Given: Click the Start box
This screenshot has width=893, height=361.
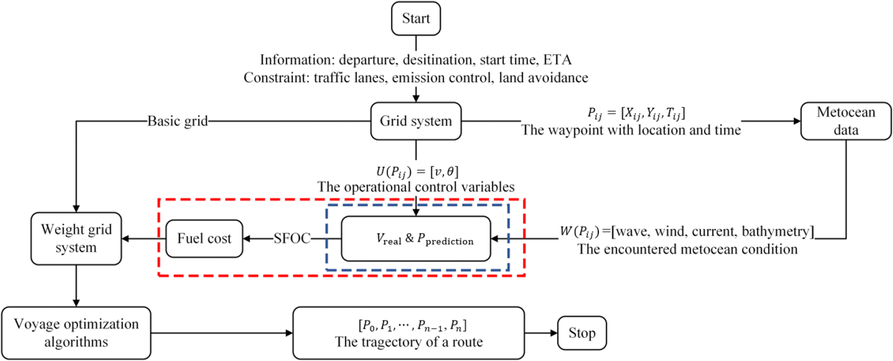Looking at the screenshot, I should [x=416, y=19].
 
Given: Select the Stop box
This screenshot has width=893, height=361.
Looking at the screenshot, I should [x=582, y=333].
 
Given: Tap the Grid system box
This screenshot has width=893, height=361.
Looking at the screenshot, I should [x=416, y=121].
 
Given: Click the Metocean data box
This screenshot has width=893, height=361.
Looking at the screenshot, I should [x=846, y=121].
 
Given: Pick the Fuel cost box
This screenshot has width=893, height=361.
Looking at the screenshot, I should [x=204, y=239].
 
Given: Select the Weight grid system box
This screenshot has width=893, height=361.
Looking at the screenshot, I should [x=76, y=239].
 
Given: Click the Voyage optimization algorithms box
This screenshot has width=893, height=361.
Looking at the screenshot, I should [x=76, y=333].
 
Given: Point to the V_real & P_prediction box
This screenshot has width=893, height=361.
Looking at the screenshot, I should [x=416, y=239].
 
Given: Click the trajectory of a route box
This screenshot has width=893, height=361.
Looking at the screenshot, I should [x=408, y=333].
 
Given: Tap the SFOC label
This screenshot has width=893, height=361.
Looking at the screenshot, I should [x=292, y=239].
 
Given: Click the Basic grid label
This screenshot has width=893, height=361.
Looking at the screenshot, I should [x=177, y=121].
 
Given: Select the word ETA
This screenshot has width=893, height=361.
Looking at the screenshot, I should [x=557, y=60].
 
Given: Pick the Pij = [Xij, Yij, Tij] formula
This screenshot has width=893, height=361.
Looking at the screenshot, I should [x=636, y=113].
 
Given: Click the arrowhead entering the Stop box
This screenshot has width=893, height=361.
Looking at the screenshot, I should [x=554, y=333].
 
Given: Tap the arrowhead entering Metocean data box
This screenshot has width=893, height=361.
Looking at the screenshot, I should [x=797, y=121].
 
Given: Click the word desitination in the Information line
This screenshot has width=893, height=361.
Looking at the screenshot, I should [x=438, y=60].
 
